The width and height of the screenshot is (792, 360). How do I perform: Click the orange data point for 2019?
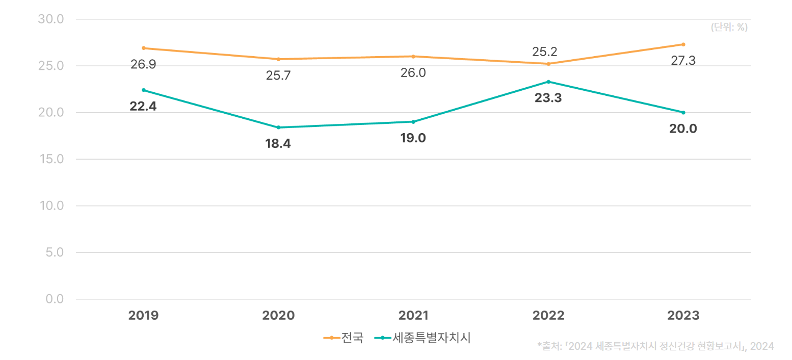pos(144,48)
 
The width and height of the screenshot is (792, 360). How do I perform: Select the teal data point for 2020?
pos(278,127)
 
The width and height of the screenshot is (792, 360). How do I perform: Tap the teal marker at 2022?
pos(548,82)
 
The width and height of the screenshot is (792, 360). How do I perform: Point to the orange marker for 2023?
pos(683,44)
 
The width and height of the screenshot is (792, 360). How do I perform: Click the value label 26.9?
pos(143,65)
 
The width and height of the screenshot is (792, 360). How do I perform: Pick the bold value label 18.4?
pos(278,144)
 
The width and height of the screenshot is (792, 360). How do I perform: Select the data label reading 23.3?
pos(548,98)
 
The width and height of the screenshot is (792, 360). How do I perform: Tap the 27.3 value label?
pos(683,61)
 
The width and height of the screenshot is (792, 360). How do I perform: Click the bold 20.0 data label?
pos(683,128)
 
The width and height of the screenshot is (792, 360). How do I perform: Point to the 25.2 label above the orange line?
pos(545,52)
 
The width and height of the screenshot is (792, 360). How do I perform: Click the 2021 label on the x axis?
pos(413,316)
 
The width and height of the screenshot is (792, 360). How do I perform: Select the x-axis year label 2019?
pos(144,316)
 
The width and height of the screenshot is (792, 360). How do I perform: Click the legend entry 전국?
pos(352,338)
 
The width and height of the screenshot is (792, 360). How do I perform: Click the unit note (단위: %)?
pos(729,28)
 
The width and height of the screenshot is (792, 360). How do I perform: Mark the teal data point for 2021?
pos(413,122)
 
